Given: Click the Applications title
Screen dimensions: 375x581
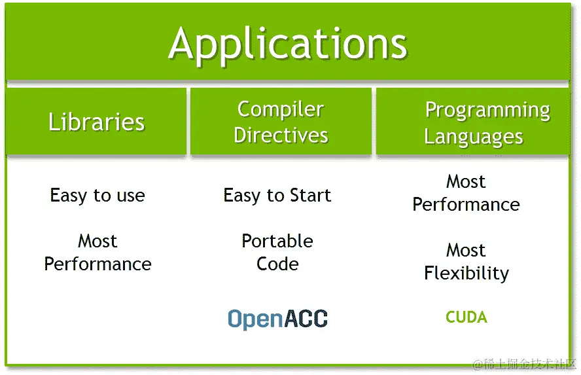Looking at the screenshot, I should click(288, 45).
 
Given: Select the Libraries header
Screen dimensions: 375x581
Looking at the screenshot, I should click(96, 122).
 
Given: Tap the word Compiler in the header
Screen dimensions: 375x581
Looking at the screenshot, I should click(280, 109).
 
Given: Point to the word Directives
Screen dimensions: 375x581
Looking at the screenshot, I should click(281, 135).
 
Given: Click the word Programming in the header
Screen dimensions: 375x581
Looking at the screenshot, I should click(487, 111).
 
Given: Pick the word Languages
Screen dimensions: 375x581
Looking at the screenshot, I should click(473, 137).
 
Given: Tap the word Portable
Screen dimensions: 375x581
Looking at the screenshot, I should click(277, 241).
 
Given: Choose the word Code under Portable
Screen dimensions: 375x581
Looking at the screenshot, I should click(277, 264).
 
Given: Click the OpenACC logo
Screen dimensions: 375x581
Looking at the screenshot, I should click(277, 319).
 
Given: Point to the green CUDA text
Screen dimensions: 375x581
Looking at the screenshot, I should click(466, 317).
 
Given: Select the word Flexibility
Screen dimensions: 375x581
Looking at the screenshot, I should click(466, 273).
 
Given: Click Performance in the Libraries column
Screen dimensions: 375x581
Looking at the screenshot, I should click(97, 264).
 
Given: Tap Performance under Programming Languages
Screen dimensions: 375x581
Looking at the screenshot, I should click(466, 204).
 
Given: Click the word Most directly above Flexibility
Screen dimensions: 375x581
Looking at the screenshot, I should click(466, 250).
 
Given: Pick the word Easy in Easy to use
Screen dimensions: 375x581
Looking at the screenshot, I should click(69, 196).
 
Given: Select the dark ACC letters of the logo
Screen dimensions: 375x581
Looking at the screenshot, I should click(304, 319).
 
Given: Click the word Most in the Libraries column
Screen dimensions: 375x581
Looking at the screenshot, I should click(97, 241).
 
